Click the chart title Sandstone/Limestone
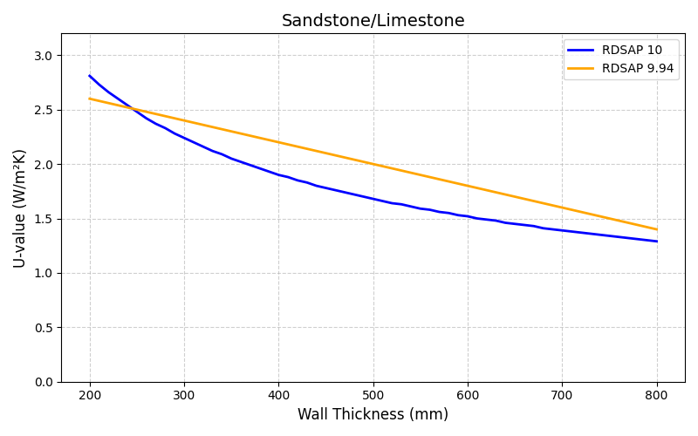[373, 21]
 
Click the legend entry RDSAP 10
[632, 51]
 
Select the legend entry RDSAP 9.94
[637, 68]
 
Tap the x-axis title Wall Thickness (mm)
[373, 415]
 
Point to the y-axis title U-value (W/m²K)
[19, 208]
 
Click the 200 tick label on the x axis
[90, 396]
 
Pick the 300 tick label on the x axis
[184, 396]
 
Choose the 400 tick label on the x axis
[278, 396]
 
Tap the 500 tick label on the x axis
[373, 396]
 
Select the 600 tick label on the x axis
[468, 396]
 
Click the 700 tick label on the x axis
[562, 396]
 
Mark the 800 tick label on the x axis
[657, 396]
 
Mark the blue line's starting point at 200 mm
[90, 76]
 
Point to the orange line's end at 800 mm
[657, 229]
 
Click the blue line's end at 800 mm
[657, 242]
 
